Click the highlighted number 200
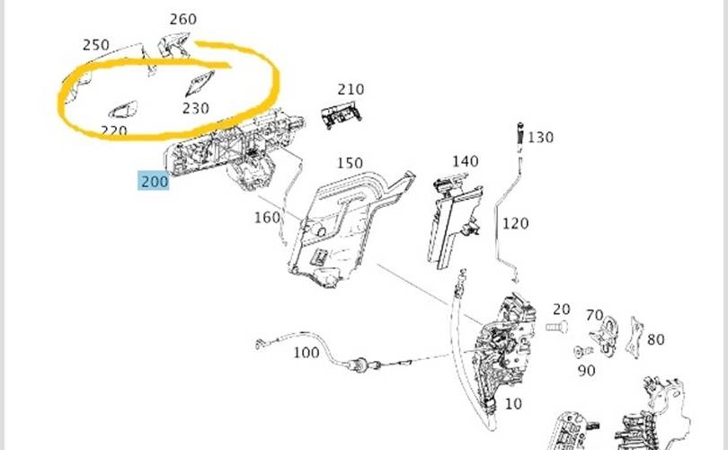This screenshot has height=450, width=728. pos(155,181)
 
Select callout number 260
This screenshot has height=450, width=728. pos(183,19)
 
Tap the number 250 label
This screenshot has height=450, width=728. pos(96,45)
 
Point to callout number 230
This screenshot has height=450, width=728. pos(195,108)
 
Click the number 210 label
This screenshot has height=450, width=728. pos(351,89)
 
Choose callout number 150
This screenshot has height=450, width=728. pos(350,163)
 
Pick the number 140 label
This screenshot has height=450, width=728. pos(466,161)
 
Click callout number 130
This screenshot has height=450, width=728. pos(540,137)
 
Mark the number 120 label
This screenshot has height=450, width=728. pos(515,223)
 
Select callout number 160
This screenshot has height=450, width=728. pos(268,217)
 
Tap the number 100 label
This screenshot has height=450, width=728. pos(306,353)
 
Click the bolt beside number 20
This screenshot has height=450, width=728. pos(556,328)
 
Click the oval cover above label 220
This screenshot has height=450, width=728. pos(123,110)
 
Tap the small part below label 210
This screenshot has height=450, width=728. pos(342,116)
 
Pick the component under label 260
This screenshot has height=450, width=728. pos(173,45)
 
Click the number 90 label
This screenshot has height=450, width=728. pos(586,371)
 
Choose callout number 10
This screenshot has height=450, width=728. pos(513,403)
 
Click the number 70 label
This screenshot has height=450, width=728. pos(594,315)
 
